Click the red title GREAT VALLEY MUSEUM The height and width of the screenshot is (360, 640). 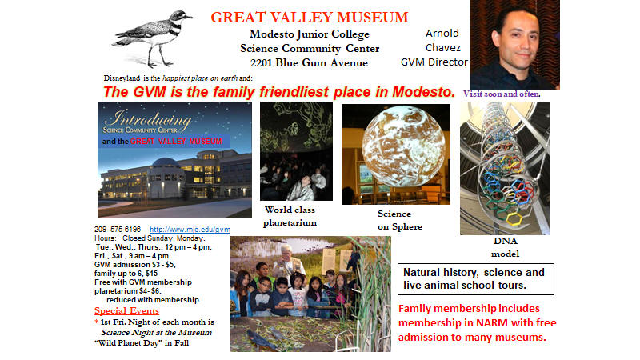(x=310, y=18)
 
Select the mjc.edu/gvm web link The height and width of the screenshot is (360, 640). (x=190, y=230)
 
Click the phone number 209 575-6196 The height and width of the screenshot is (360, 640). (x=118, y=230)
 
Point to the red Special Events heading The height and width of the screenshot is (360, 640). (x=126, y=310)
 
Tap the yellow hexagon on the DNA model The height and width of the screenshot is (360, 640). (x=514, y=218)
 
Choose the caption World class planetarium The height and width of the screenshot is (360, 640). (x=290, y=216)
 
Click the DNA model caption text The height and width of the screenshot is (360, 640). (x=505, y=247)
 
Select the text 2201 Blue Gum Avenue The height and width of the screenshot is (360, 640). (x=309, y=63)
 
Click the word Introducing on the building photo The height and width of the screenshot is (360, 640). (x=148, y=118)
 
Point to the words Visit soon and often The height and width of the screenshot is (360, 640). (x=502, y=94)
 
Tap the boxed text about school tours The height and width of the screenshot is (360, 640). (x=476, y=279)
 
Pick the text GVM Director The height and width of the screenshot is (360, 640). (x=434, y=62)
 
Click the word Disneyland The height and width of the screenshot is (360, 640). (x=122, y=78)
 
